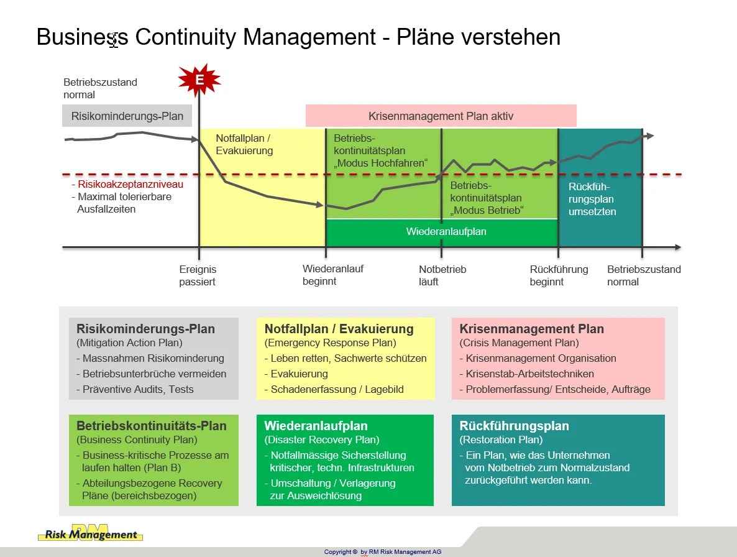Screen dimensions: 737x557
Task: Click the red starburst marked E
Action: [199, 80]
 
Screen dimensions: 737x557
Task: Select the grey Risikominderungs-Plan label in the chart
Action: [127, 116]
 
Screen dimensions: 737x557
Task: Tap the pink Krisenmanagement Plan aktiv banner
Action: [441, 116]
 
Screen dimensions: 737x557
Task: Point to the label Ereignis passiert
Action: [198, 275]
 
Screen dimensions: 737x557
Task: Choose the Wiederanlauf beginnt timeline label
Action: [333, 275]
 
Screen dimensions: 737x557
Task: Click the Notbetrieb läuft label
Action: [442, 275]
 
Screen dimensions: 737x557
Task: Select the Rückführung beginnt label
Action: [559, 275]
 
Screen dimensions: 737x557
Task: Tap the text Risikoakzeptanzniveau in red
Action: [130, 184]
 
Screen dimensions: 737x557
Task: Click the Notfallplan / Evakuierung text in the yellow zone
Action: [244, 144]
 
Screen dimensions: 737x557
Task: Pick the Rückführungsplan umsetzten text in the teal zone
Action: [592, 199]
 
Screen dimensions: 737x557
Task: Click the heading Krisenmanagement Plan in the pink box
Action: [531, 329]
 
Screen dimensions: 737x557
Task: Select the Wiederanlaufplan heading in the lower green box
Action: [316, 426]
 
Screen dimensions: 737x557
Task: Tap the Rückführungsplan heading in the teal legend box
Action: [514, 426]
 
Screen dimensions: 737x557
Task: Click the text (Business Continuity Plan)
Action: [137, 440]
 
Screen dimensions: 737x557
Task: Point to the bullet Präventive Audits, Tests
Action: [135, 389]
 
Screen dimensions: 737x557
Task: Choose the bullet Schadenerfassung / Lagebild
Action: [334, 389]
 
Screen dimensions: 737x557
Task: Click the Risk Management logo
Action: [90, 533]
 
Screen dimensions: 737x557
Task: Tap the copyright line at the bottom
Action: [383, 552]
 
